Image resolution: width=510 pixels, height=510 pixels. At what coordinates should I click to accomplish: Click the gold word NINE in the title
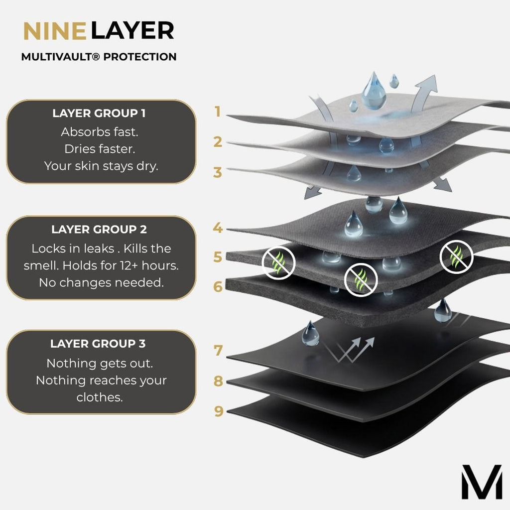click(x=55, y=31)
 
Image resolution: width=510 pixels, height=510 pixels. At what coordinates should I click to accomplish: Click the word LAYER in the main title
click(x=132, y=31)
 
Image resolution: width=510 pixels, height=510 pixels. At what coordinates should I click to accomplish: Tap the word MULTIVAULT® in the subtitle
click(x=60, y=57)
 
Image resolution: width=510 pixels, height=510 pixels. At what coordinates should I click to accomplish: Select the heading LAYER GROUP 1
click(x=99, y=114)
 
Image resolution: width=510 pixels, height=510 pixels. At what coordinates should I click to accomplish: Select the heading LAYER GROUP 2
click(x=99, y=230)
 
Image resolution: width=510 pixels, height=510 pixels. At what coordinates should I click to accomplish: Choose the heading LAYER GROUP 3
click(x=98, y=344)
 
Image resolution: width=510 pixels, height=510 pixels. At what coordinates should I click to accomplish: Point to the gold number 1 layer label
click(x=218, y=112)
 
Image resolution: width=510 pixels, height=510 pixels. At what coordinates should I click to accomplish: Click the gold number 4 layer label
click(x=218, y=228)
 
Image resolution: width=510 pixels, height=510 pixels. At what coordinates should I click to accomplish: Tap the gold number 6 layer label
click(x=218, y=286)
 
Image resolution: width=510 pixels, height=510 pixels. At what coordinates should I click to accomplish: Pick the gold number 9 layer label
click(x=219, y=411)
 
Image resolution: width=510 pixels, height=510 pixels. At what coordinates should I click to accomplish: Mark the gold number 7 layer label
click(x=218, y=351)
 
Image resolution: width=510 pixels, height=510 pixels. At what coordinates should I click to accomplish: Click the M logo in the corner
click(x=482, y=482)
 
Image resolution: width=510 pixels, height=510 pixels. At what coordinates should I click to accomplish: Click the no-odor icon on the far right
click(x=456, y=257)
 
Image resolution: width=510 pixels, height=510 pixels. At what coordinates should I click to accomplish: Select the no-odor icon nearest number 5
click(x=278, y=263)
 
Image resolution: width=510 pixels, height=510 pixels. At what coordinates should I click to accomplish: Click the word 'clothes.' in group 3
click(x=100, y=397)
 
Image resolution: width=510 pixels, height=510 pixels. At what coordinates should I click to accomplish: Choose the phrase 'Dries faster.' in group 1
click(x=100, y=149)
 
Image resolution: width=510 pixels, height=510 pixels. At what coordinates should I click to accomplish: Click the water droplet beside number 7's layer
click(x=310, y=333)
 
